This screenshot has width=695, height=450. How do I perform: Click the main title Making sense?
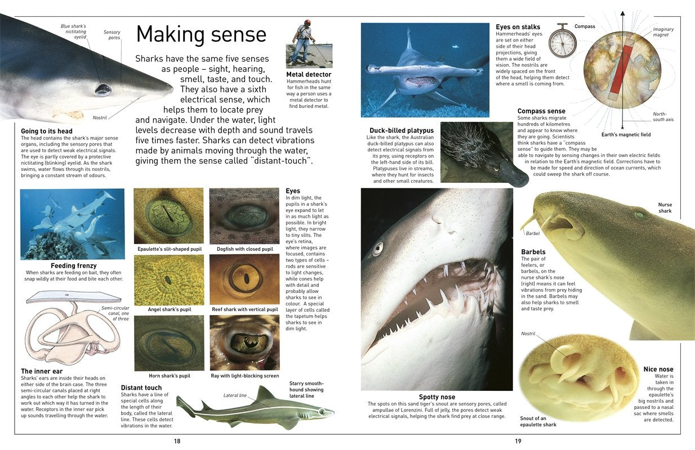(x=201, y=34)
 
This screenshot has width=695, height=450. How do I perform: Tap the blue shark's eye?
(x=103, y=89)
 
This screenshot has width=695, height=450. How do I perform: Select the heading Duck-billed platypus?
(x=402, y=130)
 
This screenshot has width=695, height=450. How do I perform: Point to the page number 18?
(x=177, y=441)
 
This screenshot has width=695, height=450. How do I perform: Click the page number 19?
(x=518, y=441)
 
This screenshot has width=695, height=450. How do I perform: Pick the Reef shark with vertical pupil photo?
(x=244, y=280)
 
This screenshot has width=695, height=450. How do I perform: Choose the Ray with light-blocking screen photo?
(x=244, y=342)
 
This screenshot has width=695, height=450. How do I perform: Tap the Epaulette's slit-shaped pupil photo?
(x=168, y=215)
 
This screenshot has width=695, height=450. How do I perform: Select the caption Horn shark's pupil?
(x=169, y=376)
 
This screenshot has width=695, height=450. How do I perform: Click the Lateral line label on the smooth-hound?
(x=235, y=395)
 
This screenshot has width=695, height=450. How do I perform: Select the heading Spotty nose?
(x=436, y=397)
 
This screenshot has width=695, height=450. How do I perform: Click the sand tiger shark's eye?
(x=378, y=248)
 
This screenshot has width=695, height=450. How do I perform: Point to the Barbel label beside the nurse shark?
(x=532, y=233)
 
